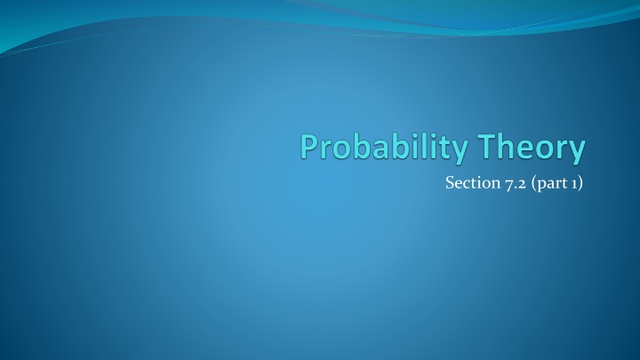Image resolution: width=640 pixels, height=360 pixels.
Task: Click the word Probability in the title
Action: [x=385, y=148]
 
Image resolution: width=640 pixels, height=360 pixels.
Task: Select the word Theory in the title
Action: [x=532, y=148]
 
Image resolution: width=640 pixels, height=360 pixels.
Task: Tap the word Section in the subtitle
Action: [x=473, y=182]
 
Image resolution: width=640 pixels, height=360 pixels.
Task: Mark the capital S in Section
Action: [x=450, y=183]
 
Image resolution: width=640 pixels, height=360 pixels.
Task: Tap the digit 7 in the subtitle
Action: [x=510, y=184]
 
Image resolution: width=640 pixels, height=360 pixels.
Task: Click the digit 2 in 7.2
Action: [x=522, y=184]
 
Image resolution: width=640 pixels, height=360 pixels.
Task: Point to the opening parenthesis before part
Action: [x=535, y=183]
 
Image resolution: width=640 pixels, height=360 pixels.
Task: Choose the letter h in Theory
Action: [x=507, y=146]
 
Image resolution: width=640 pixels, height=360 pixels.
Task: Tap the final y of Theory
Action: [x=577, y=152]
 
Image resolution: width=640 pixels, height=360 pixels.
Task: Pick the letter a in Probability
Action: [x=380, y=149]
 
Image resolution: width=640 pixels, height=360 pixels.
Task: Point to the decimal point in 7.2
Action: [x=516, y=188]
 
